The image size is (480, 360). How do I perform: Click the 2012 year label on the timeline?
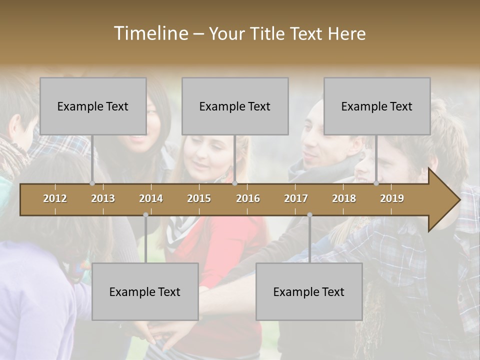pyautogui.click(x=55, y=198)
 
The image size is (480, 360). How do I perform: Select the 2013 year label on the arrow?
pyautogui.click(x=103, y=198)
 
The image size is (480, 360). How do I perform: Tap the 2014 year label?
pyautogui.click(x=151, y=198)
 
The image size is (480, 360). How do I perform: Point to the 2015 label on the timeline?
pyautogui.click(x=199, y=198)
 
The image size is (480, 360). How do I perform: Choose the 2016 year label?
pyautogui.click(x=248, y=198)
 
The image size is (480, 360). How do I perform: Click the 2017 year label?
pyautogui.click(x=296, y=198)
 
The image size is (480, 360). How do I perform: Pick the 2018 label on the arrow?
pyautogui.click(x=344, y=198)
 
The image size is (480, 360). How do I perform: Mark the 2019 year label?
pyautogui.click(x=392, y=198)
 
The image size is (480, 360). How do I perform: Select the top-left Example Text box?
pyautogui.click(x=93, y=106)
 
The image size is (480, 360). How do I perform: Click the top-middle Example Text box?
pyautogui.click(x=235, y=106)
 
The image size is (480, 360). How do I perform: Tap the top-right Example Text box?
pyautogui.click(x=377, y=106)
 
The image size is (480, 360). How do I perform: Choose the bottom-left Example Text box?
pyautogui.click(x=145, y=291)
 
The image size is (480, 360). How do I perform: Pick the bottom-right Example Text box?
pyautogui.click(x=309, y=291)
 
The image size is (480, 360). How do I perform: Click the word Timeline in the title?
pyautogui.click(x=150, y=33)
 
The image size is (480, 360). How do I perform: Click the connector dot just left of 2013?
pyautogui.click(x=92, y=183)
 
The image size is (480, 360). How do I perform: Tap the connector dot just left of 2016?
pyautogui.click(x=234, y=183)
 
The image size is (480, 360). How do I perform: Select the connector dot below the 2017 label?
pyautogui.click(x=309, y=215)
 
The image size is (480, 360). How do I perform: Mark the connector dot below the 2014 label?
pyautogui.click(x=145, y=215)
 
